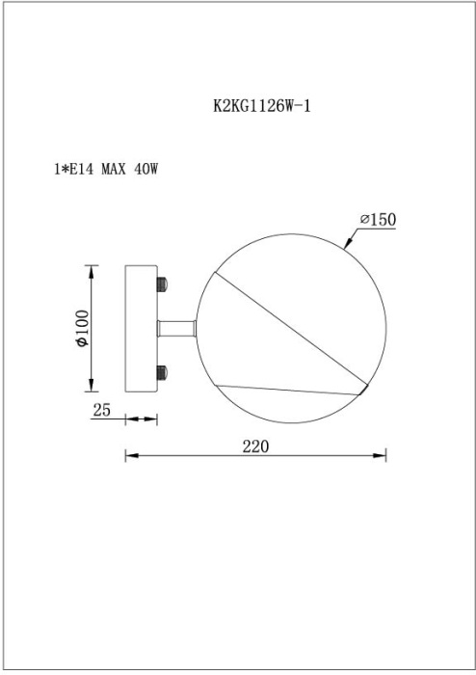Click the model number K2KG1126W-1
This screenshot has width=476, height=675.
point(261,106)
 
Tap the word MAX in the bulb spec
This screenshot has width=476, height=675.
point(114,169)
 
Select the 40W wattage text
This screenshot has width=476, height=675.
point(146,169)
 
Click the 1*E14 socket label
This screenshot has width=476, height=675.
point(73,169)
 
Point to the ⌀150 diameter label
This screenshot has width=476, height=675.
point(378,220)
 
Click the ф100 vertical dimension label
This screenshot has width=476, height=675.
point(82,329)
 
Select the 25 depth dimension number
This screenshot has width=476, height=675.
point(102,410)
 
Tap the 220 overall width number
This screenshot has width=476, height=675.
point(255,446)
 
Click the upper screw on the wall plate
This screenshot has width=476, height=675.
point(162,284)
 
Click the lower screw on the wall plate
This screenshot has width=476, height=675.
point(162,372)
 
